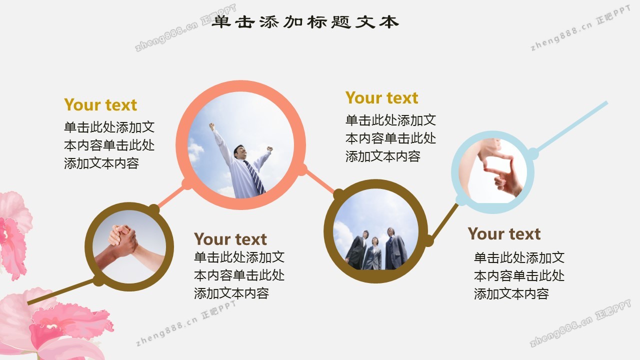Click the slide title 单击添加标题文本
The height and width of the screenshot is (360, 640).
point(305,22)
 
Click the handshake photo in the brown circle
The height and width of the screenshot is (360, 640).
point(129,247)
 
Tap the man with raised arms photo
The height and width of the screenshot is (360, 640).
point(241,145)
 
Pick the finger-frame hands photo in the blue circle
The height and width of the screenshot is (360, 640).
point(493,171)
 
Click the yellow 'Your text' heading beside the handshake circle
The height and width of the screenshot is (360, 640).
point(100,105)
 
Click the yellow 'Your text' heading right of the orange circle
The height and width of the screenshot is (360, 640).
point(381,98)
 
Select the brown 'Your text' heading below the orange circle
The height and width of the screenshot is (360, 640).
point(230,239)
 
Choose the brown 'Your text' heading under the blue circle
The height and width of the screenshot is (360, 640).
point(504,234)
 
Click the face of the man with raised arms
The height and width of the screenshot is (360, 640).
point(241,152)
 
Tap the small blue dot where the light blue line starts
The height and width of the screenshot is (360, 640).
point(532,154)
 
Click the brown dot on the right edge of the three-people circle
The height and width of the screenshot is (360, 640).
point(428,240)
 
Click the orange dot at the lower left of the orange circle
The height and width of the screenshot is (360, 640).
point(187,183)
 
